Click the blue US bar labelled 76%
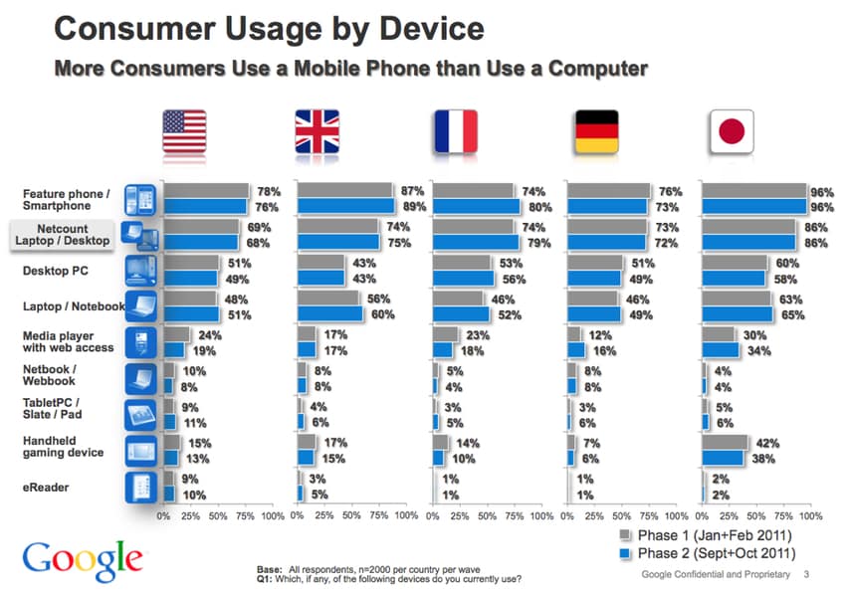coord(205,207)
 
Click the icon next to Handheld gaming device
coord(138,451)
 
